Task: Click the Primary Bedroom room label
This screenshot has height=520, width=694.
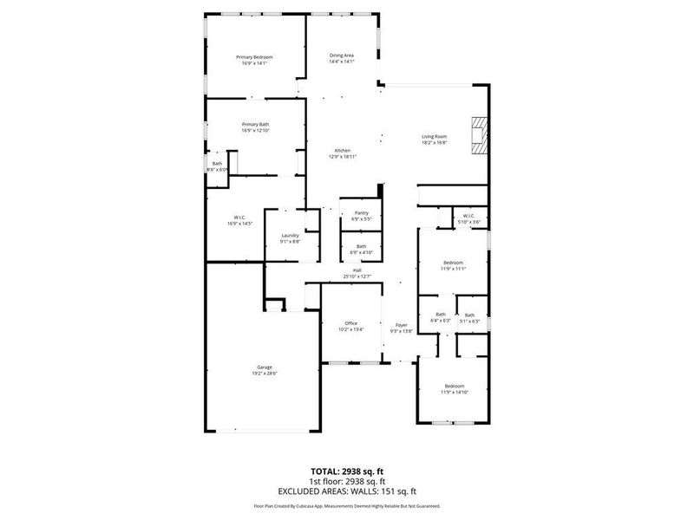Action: (254, 56)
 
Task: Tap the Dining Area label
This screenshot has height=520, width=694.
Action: (341, 55)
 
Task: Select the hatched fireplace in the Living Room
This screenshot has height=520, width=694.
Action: (477, 136)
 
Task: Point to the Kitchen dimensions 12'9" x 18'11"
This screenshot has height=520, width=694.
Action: (343, 157)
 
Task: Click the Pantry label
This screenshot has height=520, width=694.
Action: (361, 212)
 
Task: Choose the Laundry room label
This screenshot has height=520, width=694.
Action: (290, 236)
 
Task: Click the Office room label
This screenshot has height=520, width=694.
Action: (350, 323)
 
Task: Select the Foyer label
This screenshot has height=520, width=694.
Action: (401, 325)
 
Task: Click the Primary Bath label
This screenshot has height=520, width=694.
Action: (255, 124)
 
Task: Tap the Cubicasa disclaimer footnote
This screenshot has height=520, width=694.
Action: (346, 506)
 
